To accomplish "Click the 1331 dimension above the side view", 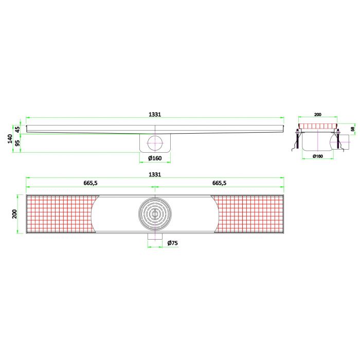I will [155, 115].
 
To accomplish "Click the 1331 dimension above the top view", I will [155, 175].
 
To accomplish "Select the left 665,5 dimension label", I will [91, 183].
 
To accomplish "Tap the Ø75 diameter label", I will [172, 243].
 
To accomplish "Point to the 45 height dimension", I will [17, 129].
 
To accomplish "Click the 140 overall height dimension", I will [10, 138].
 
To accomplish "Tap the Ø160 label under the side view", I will [155, 158].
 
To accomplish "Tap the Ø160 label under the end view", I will [318, 156].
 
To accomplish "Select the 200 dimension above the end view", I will [318, 115].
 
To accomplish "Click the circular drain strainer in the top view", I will [155, 213].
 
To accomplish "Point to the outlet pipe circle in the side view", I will [155, 142].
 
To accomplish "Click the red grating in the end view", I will [318, 126].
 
